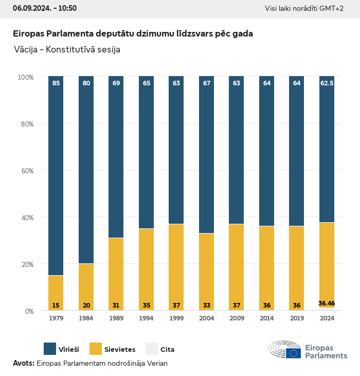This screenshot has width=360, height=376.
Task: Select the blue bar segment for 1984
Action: click(86, 170)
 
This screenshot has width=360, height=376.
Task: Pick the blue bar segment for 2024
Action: click(327, 149)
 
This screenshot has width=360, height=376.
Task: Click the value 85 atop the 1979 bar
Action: click(56, 83)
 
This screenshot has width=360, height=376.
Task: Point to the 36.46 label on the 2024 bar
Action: click(327, 303)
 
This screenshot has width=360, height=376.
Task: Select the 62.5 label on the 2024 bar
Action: click(327, 83)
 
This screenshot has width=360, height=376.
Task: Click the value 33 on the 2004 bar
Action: click(207, 306)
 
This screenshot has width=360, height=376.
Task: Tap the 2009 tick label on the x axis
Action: click(237, 318)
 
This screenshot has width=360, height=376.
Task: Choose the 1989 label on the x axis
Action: click(116, 318)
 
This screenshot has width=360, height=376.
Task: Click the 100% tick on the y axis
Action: click(25, 77)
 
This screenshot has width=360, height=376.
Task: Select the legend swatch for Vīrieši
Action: click(50, 349)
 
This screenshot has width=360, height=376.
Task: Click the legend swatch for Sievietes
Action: click(96, 349)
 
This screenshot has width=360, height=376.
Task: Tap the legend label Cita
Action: click(168, 350)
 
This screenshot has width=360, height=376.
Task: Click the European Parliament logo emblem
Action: click(285, 350)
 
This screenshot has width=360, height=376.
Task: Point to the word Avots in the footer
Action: click(23, 363)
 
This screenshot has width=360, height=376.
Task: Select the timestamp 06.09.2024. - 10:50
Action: click(45, 8)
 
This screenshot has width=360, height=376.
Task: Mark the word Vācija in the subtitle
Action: click(27, 50)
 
